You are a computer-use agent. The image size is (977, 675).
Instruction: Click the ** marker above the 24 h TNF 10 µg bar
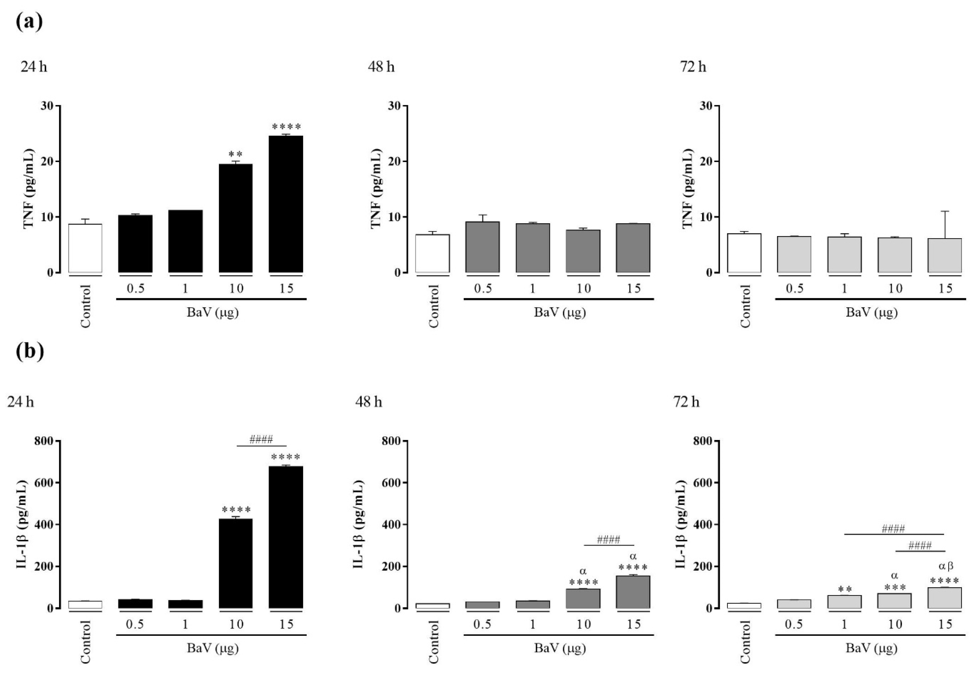[x=235, y=154]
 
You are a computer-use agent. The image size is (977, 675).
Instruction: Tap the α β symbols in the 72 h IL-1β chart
[x=946, y=566]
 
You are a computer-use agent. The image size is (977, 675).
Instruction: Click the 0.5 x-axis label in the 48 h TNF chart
[x=482, y=288]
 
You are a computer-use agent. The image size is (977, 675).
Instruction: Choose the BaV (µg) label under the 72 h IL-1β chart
[x=871, y=648]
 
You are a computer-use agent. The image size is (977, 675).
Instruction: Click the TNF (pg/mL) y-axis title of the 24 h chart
[x=28, y=189]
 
